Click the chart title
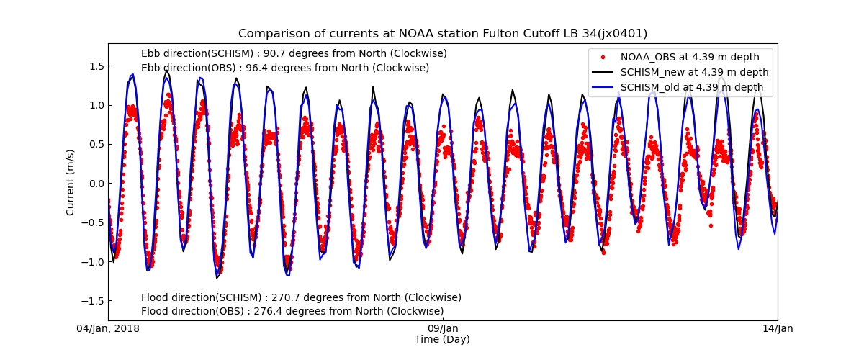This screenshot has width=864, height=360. [443, 34]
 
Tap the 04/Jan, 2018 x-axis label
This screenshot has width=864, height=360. [109, 329]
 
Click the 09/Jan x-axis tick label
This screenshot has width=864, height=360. [443, 329]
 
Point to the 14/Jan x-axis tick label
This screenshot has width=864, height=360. [778, 329]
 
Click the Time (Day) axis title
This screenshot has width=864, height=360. [442, 340]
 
